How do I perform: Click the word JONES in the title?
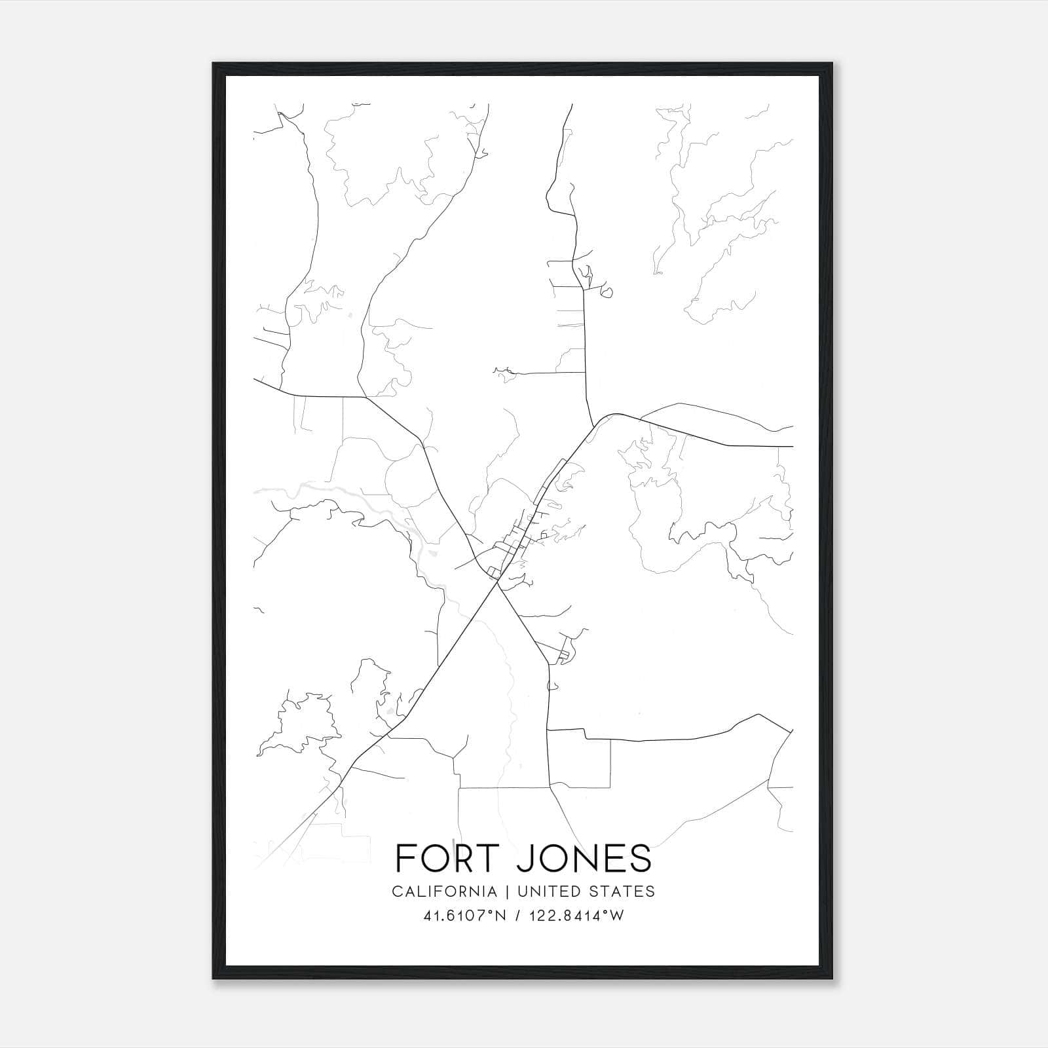click(584, 858)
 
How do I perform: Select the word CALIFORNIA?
click(444, 891)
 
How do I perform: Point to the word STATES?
click(623, 891)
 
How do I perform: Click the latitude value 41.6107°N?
click(465, 916)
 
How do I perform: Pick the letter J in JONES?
click(525, 859)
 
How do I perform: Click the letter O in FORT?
click(432, 858)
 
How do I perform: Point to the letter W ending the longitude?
click(618, 916)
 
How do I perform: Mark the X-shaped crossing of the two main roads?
click(498, 585)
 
